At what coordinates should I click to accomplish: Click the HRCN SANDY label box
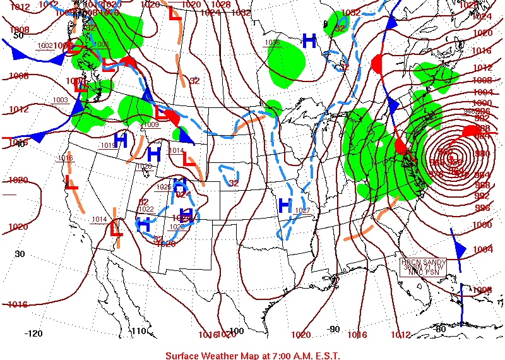pos(424,267)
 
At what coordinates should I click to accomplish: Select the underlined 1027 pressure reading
pos(304,210)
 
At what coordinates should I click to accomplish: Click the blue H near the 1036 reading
pos(309,42)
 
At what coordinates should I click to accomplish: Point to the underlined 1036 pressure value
pos(272,42)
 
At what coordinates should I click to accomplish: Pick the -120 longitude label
pos(33,333)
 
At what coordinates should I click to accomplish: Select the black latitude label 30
pos(20,254)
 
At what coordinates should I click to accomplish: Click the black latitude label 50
pos(19,35)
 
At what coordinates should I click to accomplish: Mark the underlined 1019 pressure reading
pos(108,145)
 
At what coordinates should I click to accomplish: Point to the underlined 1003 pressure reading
pos(60,100)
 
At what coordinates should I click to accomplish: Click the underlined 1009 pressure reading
pos(151,124)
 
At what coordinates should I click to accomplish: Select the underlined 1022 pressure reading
pos(146,209)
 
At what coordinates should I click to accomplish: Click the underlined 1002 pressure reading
pos(45,45)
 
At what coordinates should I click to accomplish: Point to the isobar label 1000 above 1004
pos(482,225)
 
